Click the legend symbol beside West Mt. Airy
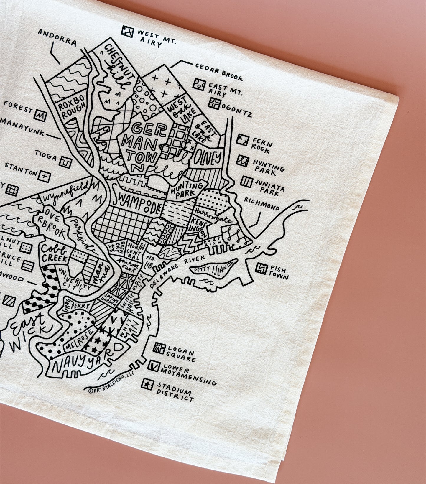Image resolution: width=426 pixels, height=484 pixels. coord(128,32)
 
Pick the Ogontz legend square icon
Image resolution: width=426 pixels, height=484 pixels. coord(214,103)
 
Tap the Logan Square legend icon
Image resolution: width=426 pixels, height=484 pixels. coord(159,348)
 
